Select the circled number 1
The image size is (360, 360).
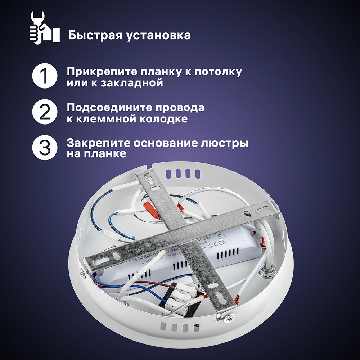[x=45, y=77]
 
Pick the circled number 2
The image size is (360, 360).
[x=45, y=113]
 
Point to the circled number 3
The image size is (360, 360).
[x=45, y=148]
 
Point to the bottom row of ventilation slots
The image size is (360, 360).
[x=179, y=327]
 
